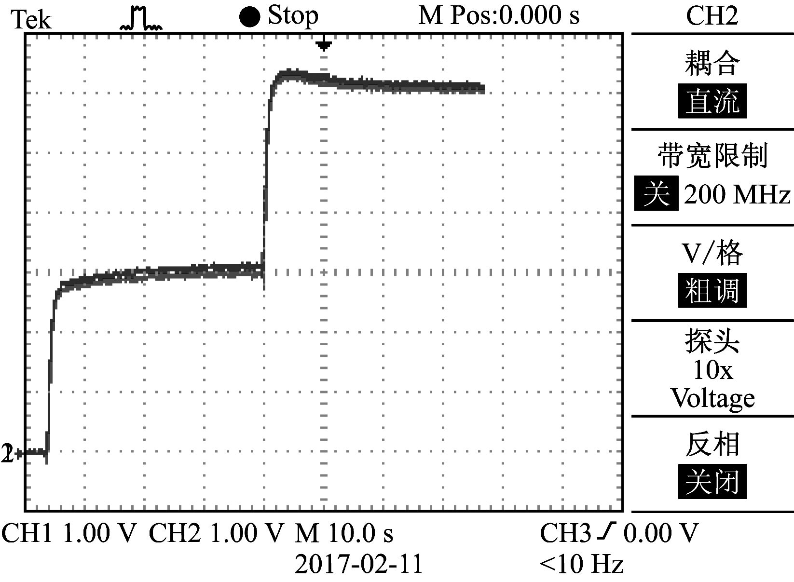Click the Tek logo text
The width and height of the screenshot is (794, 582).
[31, 19]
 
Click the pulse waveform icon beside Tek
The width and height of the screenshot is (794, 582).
[140, 19]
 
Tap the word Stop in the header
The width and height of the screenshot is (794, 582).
[293, 16]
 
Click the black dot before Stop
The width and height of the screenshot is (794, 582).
[249, 17]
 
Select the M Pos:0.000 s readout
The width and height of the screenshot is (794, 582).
[499, 16]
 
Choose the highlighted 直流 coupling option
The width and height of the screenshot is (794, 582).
[712, 101]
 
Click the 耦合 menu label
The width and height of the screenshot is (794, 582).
[712, 63]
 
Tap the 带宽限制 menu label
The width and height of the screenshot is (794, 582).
[712, 156]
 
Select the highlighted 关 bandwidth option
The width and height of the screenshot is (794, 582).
[656, 194]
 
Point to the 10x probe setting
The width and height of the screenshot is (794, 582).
[712, 370]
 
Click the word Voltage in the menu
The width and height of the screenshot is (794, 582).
[712, 398]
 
